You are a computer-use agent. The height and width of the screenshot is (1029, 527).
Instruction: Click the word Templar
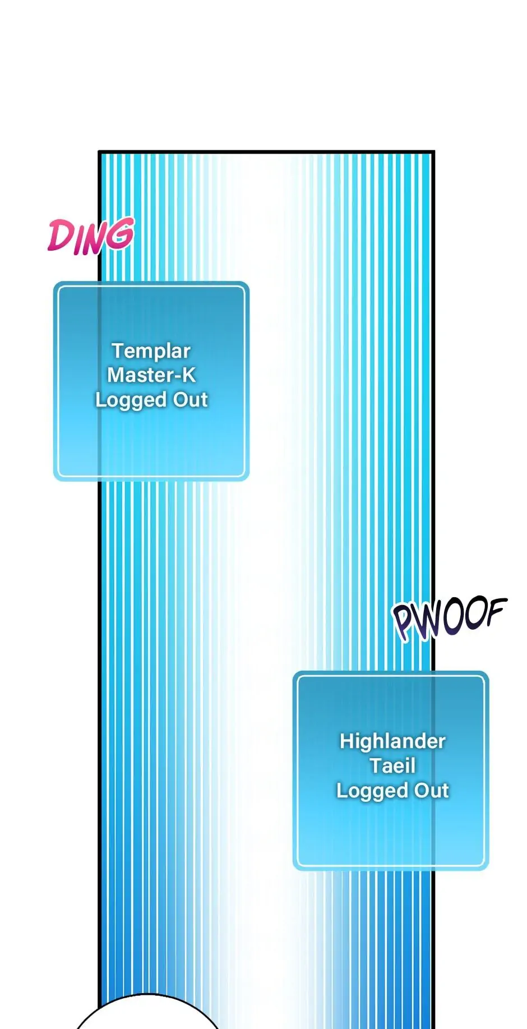pos(151,351)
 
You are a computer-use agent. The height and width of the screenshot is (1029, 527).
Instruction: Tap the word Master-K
pos(151,375)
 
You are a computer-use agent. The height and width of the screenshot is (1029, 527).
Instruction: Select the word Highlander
pos(392,741)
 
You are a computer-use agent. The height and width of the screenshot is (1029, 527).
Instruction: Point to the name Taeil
pos(392,765)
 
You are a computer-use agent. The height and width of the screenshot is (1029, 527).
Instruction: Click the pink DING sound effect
pos(91,236)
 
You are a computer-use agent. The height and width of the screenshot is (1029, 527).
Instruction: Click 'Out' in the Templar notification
pos(191,399)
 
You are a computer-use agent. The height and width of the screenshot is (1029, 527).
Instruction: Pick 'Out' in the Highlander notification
pos(432,790)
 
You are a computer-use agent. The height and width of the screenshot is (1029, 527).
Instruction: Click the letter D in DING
pos(59,236)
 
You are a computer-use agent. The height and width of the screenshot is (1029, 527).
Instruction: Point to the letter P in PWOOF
pos(405,622)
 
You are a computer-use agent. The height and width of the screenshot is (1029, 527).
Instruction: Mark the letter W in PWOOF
pos(428,621)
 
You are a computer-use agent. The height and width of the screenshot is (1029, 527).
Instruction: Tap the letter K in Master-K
pos(189,375)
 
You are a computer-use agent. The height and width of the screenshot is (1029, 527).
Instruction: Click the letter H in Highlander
pos(347,741)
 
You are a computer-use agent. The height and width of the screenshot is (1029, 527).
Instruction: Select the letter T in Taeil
pos(376,765)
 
